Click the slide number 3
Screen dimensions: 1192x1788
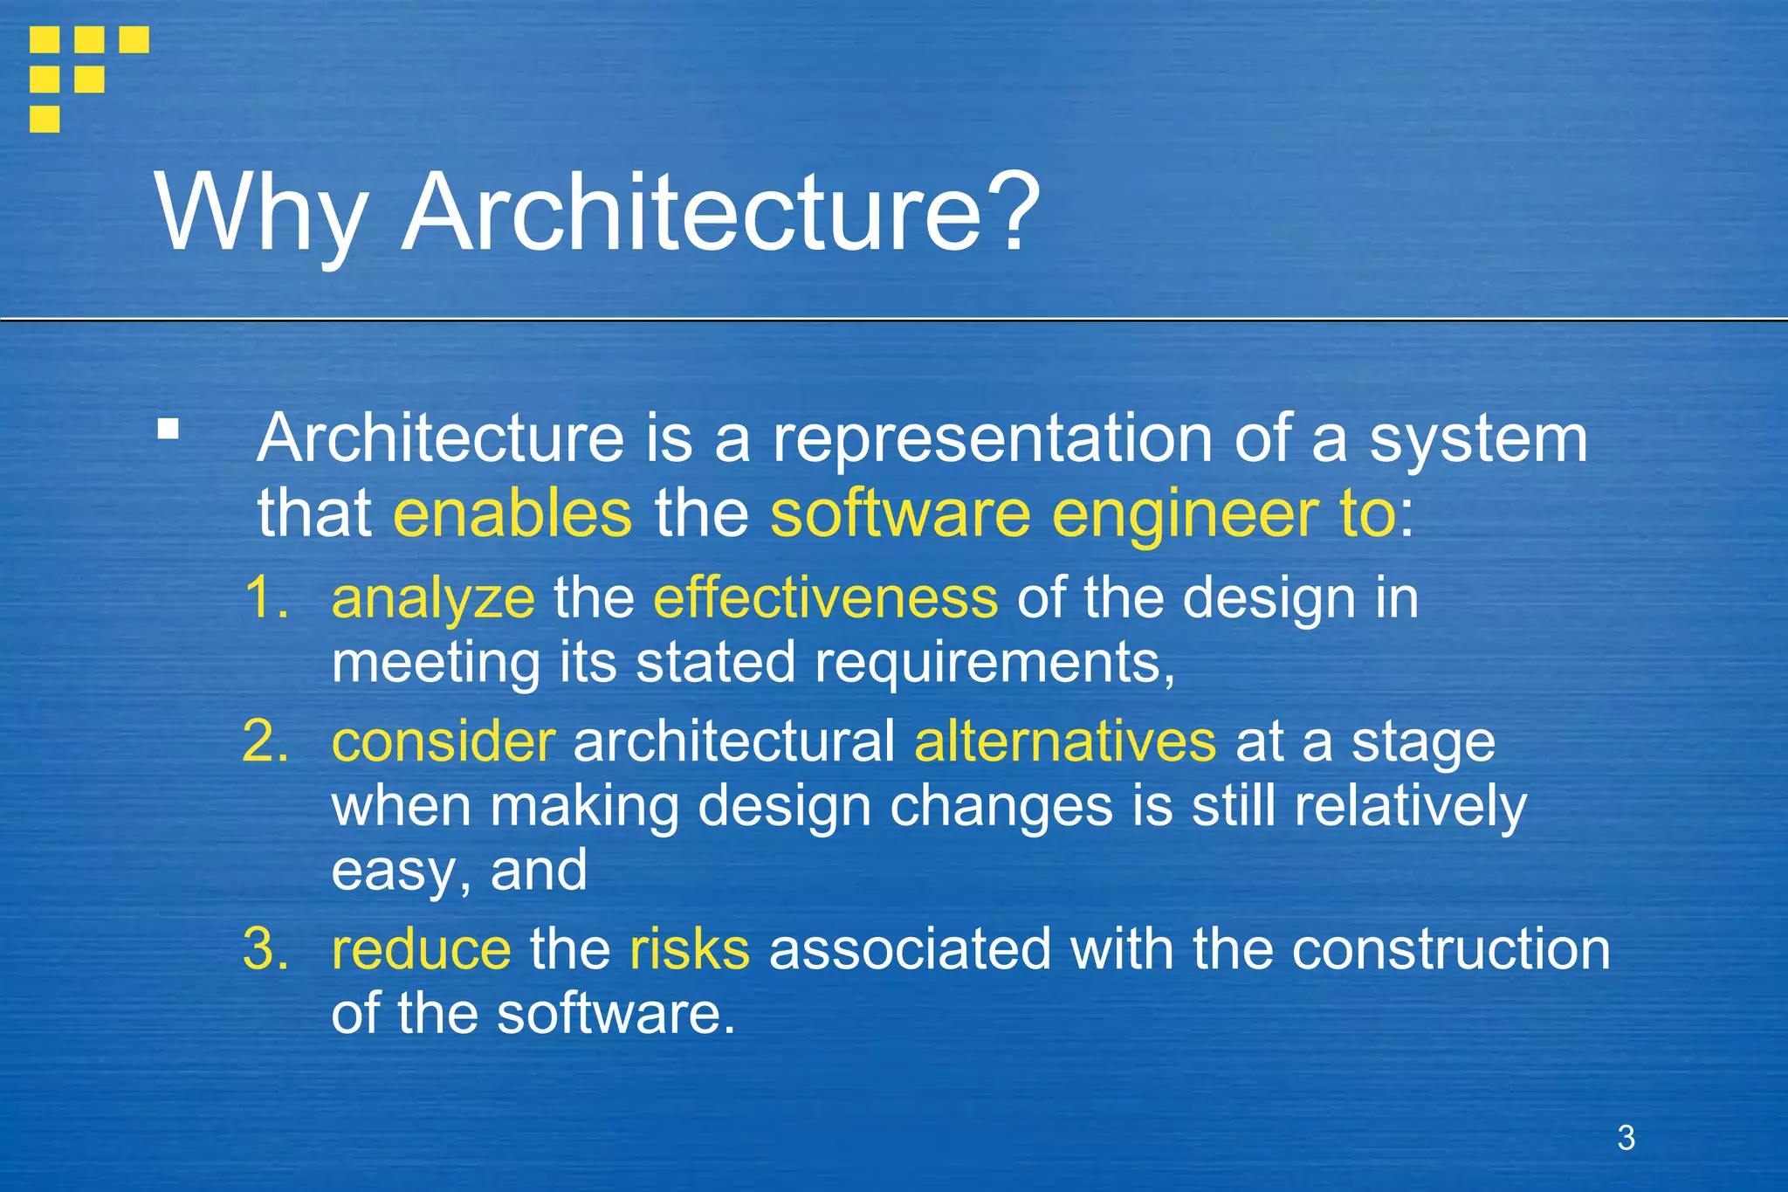tap(1626, 1138)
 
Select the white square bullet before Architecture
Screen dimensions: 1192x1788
tap(168, 429)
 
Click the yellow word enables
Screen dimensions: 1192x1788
tap(512, 514)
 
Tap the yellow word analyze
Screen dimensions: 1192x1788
tap(433, 600)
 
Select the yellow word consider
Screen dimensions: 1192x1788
tap(443, 742)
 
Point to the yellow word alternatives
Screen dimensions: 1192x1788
tap(1064, 742)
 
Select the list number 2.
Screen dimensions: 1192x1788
tap(265, 742)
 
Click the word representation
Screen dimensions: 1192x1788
tap(992, 439)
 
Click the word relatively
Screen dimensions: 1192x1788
tap(1410, 806)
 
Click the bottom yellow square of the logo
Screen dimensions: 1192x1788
tap(45, 119)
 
